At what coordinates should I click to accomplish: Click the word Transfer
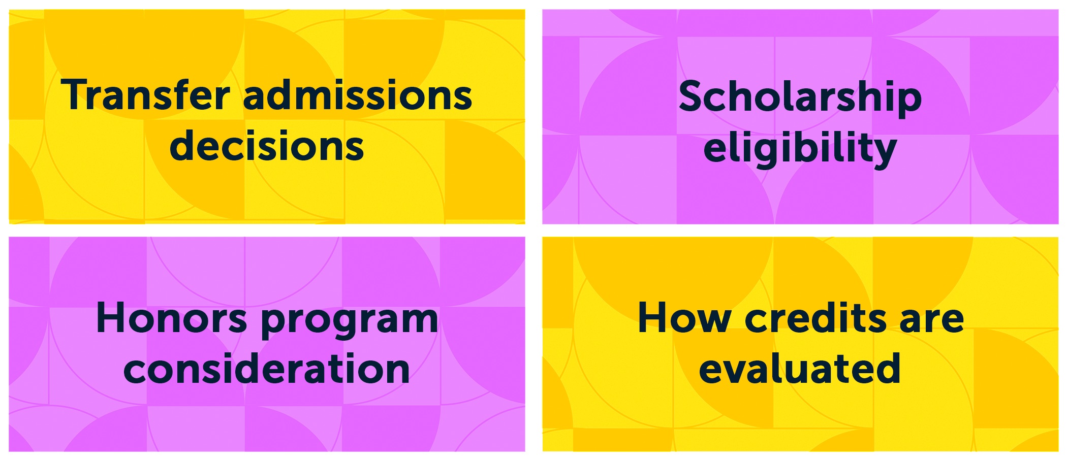(145, 95)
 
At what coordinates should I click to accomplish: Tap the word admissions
(358, 95)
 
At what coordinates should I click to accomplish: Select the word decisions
(267, 146)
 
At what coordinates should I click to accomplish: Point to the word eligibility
(800, 149)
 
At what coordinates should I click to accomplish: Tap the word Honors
(172, 318)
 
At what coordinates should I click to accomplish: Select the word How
(684, 318)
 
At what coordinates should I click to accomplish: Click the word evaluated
(800, 368)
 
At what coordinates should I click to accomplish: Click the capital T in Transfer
(76, 95)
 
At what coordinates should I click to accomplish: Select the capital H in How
(652, 318)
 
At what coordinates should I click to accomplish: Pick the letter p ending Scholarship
(908, 104)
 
